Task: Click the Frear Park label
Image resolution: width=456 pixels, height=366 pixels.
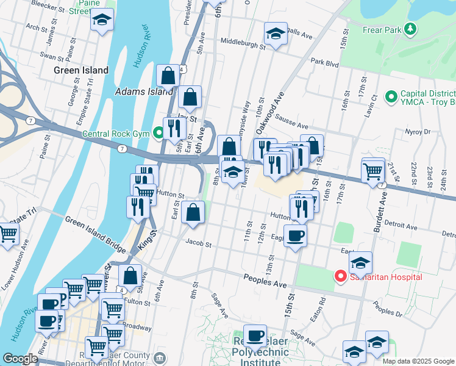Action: pyautogui.click(x=381, y=29)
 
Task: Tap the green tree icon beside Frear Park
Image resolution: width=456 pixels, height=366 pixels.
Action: pyautogui.click(x=410, y=29)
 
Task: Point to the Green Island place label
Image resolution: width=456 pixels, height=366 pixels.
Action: pyautogui.click(x=80, y=70)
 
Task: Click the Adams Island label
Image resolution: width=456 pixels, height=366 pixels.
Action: pyautogui.click(x=144, y=92)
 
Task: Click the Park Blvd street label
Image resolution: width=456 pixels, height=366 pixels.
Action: pyautogui.click(x=324, y=62)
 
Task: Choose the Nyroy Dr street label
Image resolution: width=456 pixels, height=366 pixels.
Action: pyautogui.click(x=418, y=132)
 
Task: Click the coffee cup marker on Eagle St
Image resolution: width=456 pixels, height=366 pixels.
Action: pyautogui.click(x=296, y=235)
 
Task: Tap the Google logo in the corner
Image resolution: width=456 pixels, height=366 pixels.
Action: pyautogui.click(x=20, y=359)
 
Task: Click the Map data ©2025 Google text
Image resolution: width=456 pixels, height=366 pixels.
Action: pyautogui.click(x=418, y=361)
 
